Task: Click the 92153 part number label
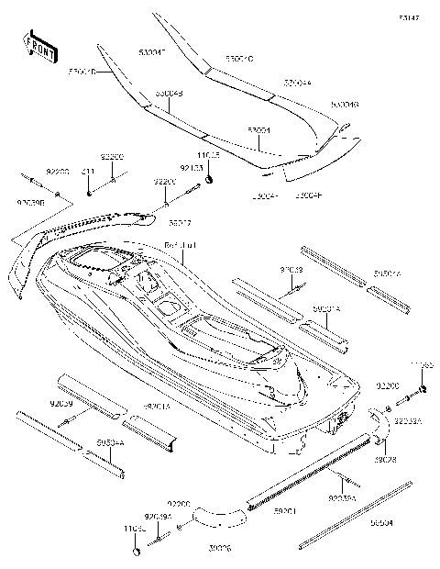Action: (191, 168)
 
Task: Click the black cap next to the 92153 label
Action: (210, 177)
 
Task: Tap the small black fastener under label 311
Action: (89, 192)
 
